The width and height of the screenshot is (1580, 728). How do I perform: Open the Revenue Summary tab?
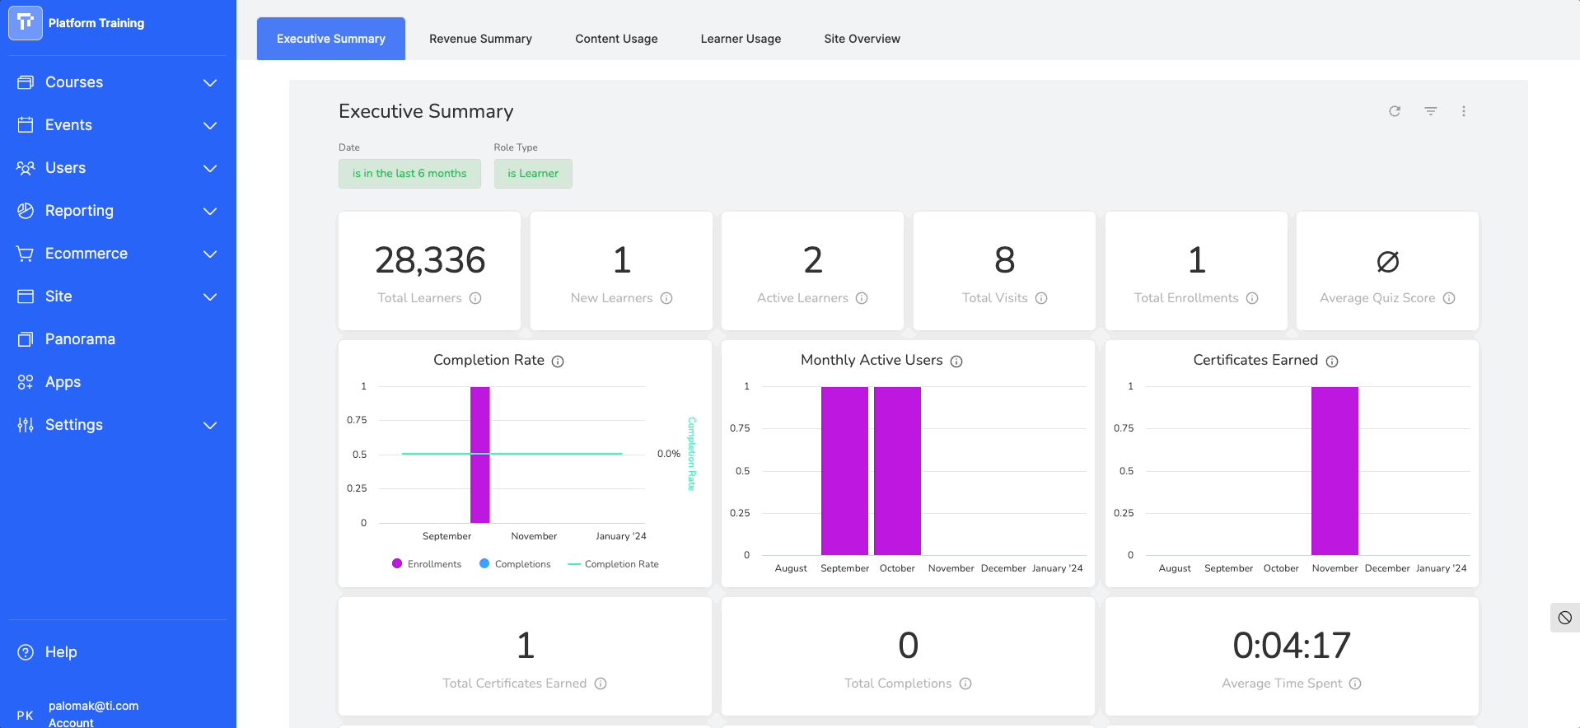tap(480, 39)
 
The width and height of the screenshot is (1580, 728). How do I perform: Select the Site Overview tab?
tap(862, 39)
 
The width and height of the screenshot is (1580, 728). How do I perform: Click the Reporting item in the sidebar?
tap(79, 211)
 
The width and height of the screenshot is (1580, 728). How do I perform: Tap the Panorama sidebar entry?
tap(80, 339)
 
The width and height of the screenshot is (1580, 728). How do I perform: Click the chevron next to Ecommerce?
tap(210, 254)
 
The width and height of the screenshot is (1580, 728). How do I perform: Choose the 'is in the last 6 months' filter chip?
tap(409, 174)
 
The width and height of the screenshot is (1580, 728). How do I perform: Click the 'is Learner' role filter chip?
tap(533, 174)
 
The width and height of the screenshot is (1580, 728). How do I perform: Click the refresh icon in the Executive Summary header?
tap(1395, 111)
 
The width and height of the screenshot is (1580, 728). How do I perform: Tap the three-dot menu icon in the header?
tap(1464, 111)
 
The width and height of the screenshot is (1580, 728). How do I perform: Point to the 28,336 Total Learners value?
tap(430, 260)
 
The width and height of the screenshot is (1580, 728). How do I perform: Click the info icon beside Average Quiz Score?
tap(1449, 298)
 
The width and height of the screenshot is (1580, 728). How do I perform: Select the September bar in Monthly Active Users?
tap(844, 471)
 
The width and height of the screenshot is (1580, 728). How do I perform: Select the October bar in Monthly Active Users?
tap(897, 471)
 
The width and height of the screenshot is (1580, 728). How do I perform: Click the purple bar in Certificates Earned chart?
tap(1335, 471)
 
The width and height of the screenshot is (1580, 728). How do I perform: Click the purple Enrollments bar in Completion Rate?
tap(480, 455)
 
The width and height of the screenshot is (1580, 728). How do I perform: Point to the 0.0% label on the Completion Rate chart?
tap(669, 454)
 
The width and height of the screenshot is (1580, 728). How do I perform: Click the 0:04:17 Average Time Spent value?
tap(1292, 646)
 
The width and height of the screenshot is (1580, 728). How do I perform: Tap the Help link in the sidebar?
tap(61, 652)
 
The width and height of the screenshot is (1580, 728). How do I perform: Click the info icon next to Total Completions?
tap(965, 684)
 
